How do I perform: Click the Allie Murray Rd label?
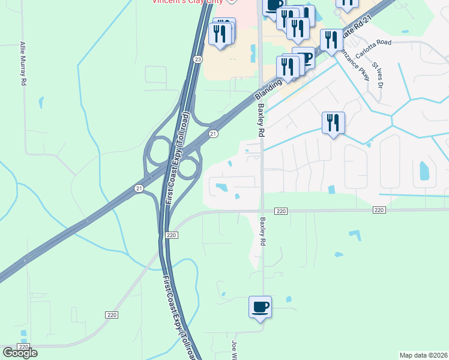pos(23,63)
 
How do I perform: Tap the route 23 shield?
pos(197,59)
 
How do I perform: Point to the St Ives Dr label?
pos(378,75)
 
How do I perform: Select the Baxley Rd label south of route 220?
pos(262,232)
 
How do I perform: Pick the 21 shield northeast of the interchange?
pos(212,133)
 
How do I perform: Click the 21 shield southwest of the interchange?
pos(139,188)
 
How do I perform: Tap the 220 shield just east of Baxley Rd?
pos(282,211)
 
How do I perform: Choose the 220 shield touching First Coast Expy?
pos(171,235)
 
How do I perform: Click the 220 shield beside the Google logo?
pos(23,347)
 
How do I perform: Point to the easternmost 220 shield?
pos(378,210)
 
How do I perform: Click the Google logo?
pos(20,353)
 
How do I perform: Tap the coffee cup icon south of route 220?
pos(260,308)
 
